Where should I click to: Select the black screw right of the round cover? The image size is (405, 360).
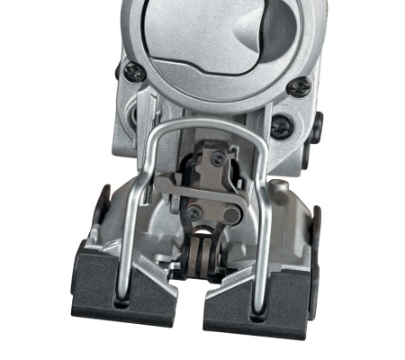pos(301,86)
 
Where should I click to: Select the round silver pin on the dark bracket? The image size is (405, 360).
pos(232,217)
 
